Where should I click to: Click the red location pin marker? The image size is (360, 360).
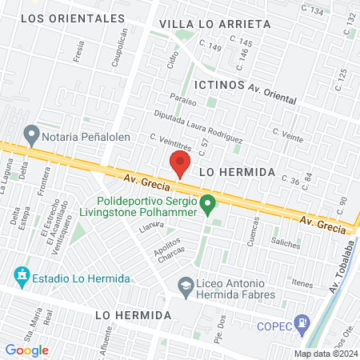pos(180,166)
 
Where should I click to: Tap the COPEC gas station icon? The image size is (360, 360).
pos(302,325)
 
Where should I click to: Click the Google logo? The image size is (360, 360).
pos(27,350)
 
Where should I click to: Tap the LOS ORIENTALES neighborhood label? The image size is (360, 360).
pos(74,18)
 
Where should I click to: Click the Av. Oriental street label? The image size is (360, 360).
pos(273,95)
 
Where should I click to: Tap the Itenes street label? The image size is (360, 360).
pos(302,283)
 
